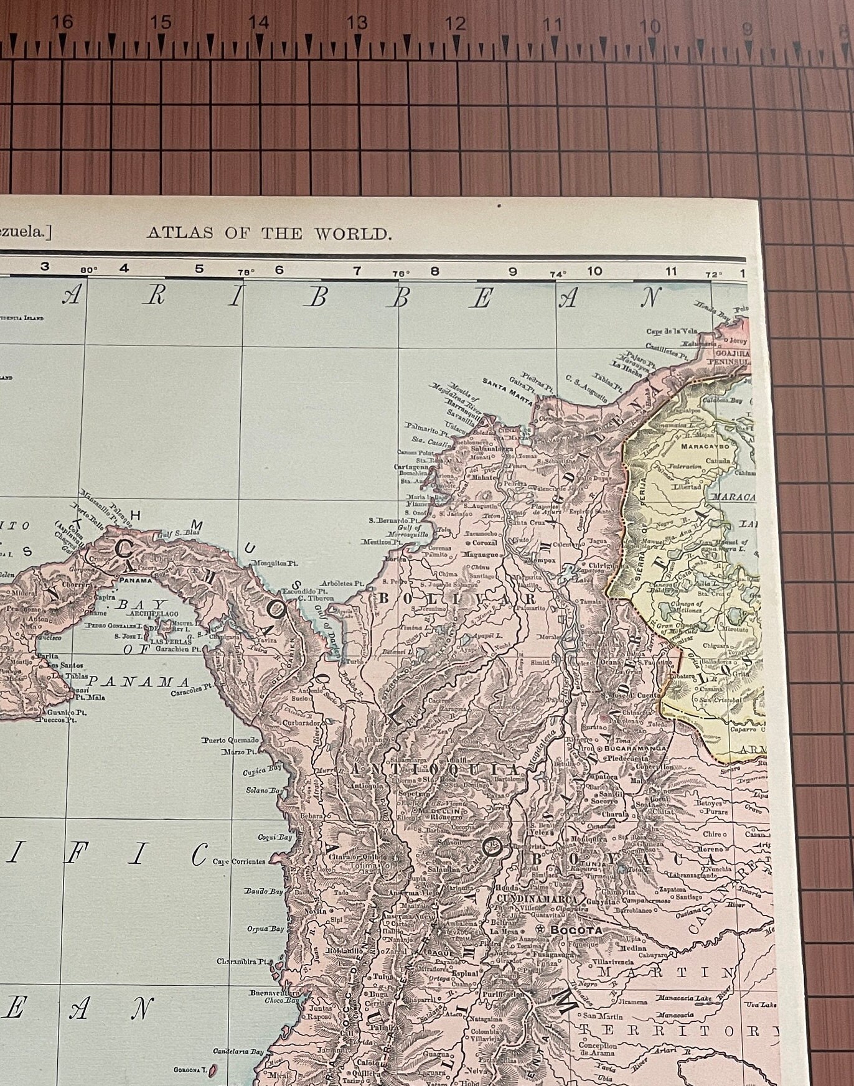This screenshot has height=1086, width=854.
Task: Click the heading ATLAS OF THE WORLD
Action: click(x=269, y=234)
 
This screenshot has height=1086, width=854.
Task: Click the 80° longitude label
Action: click(x=89, y=270)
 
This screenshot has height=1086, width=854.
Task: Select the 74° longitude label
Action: click(x=558, y=274)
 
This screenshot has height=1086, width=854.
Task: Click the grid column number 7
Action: click(x=357, y=271)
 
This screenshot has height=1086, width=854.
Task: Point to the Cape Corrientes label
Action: click(x=239, y=862)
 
